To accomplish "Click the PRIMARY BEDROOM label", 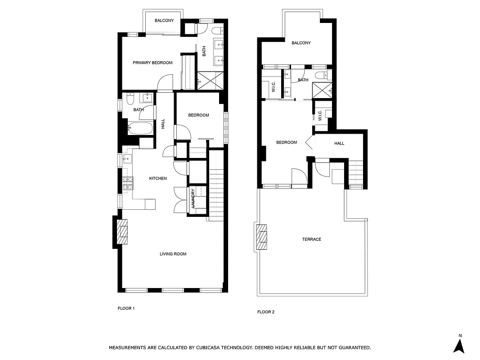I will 153,63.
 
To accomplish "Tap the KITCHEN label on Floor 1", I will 158,179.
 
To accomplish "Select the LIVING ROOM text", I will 173,254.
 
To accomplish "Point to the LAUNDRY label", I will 193,198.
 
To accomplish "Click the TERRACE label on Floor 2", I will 311,239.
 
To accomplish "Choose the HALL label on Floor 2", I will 339,144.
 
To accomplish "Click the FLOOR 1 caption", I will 126,309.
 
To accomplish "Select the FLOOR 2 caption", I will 265,312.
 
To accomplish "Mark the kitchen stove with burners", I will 128,183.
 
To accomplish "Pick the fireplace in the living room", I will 122,231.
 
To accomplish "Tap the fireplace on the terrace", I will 261,237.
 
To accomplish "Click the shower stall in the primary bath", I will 210,81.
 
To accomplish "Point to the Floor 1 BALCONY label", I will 164,21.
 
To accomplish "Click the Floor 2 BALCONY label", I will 301,43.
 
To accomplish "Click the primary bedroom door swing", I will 166,83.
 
